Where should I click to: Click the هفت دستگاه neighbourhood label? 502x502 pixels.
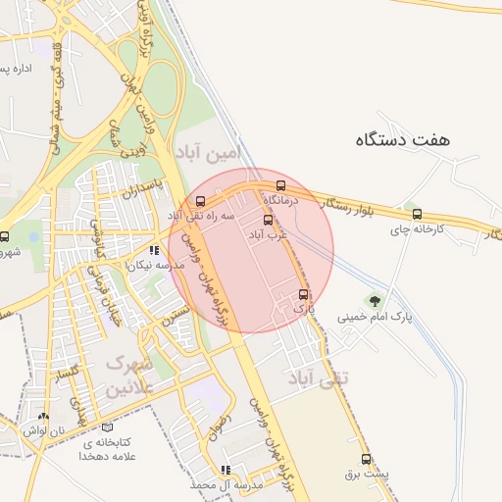pyautogui.click(x=403, y=140)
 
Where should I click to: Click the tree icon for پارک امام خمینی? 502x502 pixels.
pyautogui.click(x=374, y=300)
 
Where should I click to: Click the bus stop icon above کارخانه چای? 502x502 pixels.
pyautogui.click(x=418, y=213)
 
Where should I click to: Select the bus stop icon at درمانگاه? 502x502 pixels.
pyautogui.click(x=281, y=184)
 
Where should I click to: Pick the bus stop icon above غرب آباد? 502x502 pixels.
pyautogui.click(x=269, y=220)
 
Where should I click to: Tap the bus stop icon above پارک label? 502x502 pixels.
pyautogui.click(x=302, y=293)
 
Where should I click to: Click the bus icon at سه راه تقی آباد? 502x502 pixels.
pyautogui.click(x=201, y=200)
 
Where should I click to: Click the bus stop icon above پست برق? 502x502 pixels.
pyautogui.click(x=367, y=458)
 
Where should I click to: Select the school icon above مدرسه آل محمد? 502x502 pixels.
pyautogui.click(x=227, y=470)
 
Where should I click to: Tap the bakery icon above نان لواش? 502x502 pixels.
pyautogui.click(x=42, y=416)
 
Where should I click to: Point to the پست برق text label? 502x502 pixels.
pyautogui.click(x=367, y=474)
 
